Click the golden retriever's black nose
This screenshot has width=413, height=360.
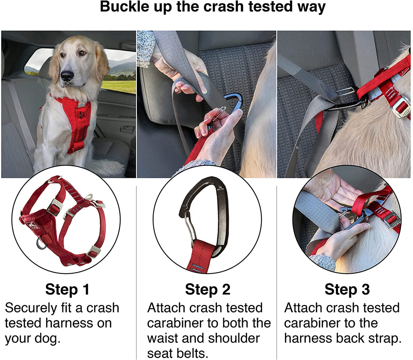click(x=67, y=76)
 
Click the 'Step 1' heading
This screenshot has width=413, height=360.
click(x=67, y=289)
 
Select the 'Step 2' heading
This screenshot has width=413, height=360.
click(x=208, y=289)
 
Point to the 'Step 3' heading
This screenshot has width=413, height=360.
click(x=347, y=289)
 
